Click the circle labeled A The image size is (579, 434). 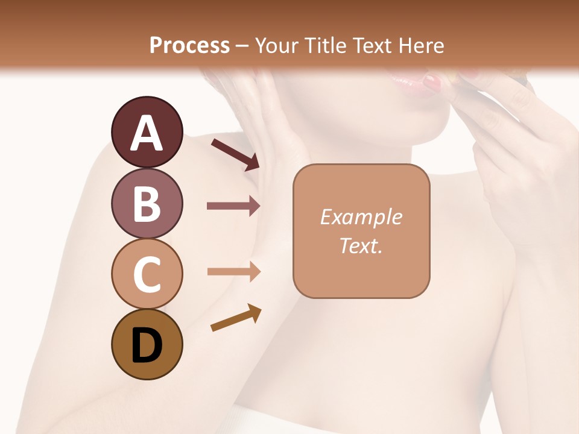tap(147, 132)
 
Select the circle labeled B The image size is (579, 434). tap(147, 203)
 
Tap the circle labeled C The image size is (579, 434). tap(147, 274)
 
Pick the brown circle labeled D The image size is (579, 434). tap(147, 345)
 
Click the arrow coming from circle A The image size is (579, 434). tap(235, 153)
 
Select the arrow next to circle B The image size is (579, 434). tap(233, 206)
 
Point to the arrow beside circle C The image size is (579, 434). tap(233, 271)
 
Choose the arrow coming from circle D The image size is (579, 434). tap(236, 318)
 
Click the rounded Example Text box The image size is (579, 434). tap(361, 231)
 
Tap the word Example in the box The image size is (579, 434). tap(361, 217)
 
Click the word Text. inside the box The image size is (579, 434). tap(361, 245)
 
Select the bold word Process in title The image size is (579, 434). tap(189, 45)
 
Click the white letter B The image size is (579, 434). tap(147, 203)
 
